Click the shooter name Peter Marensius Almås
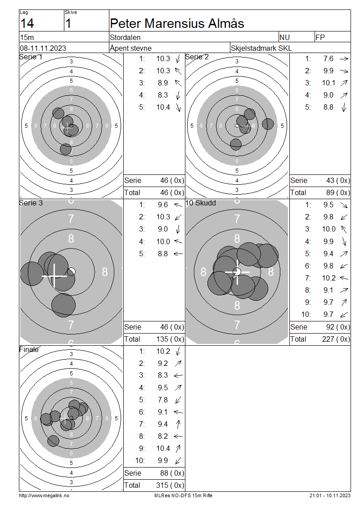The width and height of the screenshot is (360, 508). tap(177, 24)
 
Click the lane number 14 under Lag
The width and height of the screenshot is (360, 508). tap(27, 24)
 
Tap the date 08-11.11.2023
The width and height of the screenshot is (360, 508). tap(43, 48)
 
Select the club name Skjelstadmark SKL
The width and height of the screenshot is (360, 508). tap(261, 48)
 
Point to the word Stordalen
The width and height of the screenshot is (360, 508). tap(125, 38)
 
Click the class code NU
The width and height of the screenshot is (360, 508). tap(284, 38)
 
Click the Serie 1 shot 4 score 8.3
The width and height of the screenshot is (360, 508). tap(163, 95)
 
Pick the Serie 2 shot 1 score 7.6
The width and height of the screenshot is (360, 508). tap(328, 58)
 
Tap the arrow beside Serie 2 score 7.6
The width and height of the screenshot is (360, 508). tap(344, 59)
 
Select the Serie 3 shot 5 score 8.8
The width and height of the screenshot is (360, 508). tap(163, 254)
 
